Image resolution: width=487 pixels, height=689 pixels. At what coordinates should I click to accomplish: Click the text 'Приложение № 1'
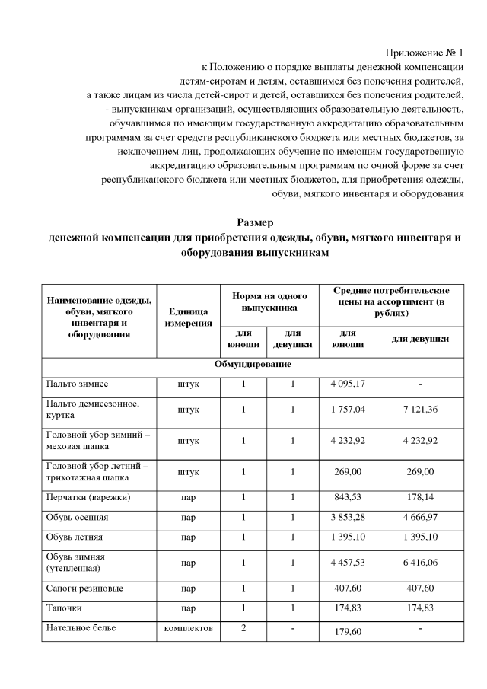pyautogui.click(x=425, y=53)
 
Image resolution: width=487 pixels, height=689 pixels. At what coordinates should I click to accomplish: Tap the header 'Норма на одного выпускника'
pyautogui.click(x=269, y=302)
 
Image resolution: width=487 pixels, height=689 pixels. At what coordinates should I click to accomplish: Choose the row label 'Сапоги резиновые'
pyautogui.click(x=84, y=589)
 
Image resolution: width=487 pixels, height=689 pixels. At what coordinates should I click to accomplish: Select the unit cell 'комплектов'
pyautogui.click(x=188, y=629)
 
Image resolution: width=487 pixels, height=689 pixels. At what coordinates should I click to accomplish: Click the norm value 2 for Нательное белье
pyautogui.click(x=243, y=629)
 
